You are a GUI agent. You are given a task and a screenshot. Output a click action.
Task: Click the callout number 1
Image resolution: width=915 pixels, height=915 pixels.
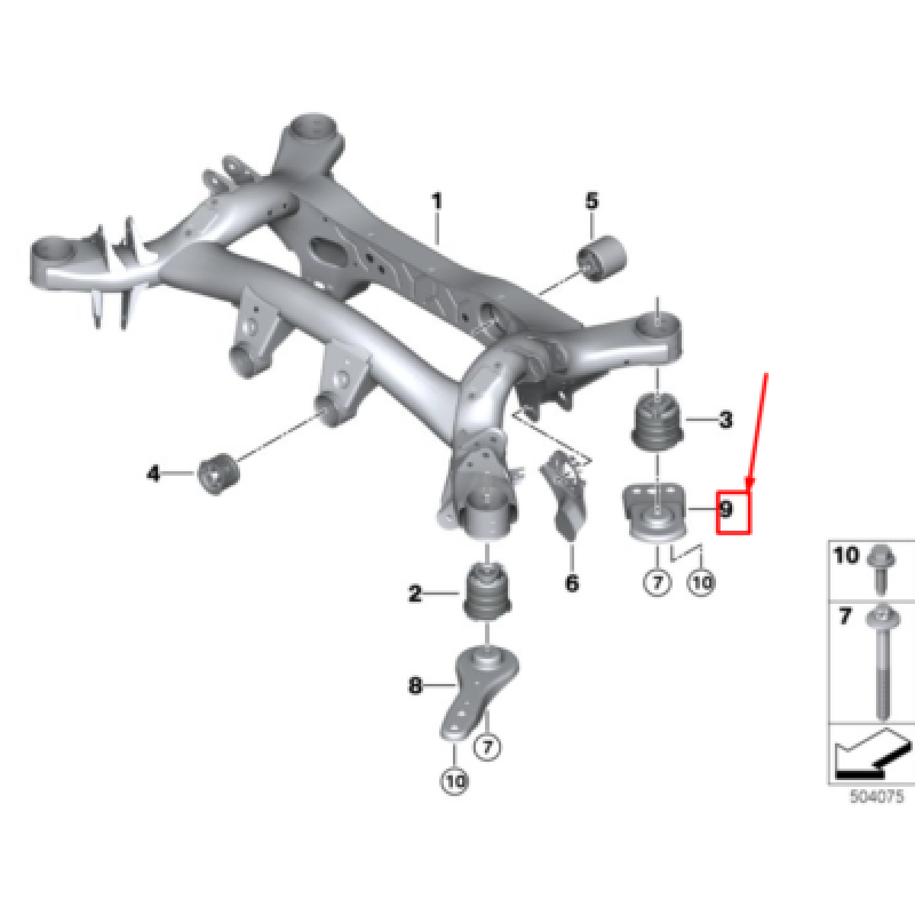tap(437, 201)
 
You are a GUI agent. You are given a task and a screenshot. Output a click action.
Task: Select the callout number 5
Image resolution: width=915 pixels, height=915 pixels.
tap(591, 201)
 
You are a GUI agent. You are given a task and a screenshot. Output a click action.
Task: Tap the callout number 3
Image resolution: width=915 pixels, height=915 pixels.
tap(725, 419)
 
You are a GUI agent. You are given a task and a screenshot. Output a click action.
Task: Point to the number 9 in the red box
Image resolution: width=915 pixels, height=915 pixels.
tap(727, 509)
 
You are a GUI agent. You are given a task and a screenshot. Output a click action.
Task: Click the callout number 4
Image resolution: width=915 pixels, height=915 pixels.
tap(153, 474)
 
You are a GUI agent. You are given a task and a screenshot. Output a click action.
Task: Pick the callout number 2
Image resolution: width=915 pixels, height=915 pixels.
tap(415, 593)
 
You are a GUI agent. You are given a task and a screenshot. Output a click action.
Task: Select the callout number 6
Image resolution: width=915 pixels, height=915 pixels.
tap(572, 583)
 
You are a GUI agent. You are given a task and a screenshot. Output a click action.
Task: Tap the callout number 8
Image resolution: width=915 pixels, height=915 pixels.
tap(415, 685)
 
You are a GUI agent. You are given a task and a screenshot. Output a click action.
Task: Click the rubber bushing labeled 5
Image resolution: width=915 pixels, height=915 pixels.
tap(602, 258)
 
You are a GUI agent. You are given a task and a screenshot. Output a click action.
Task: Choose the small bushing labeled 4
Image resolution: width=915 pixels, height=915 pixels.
tap(218, 474)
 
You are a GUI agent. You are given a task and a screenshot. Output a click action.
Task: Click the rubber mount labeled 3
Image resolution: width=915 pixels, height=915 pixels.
tap(657, 422)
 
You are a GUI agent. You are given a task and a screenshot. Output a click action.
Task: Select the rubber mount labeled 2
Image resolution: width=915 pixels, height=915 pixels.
tap(486, 591)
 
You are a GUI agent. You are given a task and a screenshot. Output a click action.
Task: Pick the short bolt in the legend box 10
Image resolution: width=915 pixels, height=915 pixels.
tap(881, 571)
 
